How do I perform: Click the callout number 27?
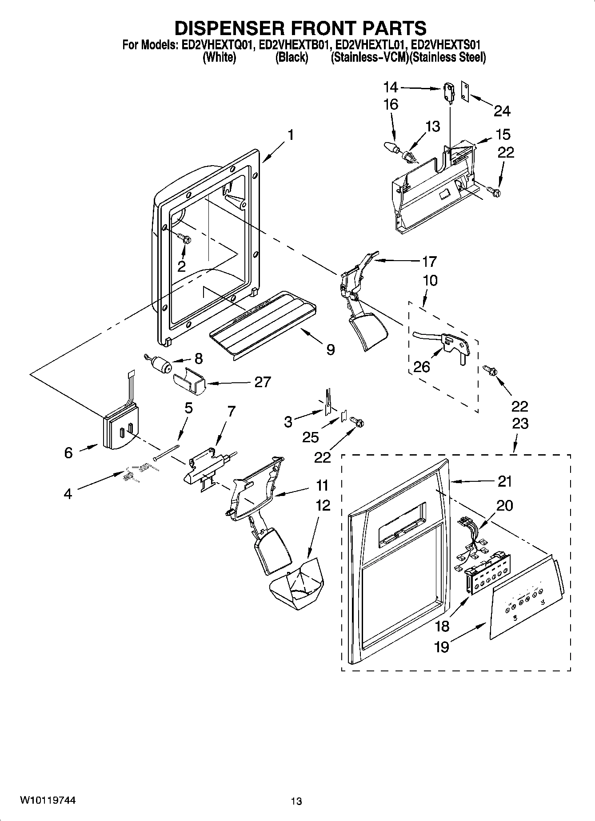263,382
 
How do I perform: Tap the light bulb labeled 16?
391,148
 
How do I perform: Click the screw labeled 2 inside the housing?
185,239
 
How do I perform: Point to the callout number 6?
68,452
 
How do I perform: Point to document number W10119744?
48,800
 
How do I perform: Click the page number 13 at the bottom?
296,801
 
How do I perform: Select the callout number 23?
520,424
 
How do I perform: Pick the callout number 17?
429,261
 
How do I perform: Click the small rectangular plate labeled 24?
465,91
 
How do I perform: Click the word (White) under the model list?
219,57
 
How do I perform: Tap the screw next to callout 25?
356,421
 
